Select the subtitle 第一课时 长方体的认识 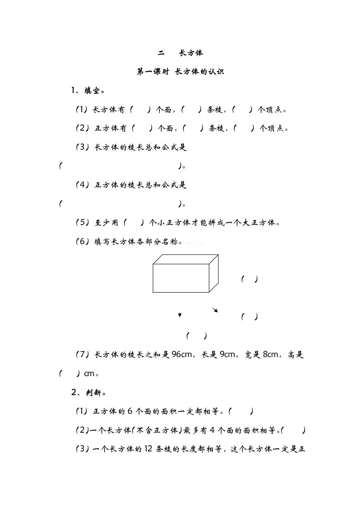coord(180,72)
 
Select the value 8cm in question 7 coord(273,355)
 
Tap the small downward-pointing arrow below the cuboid coord(180,315)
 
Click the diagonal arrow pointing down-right coord(215,310)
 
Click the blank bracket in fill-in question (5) coord(133,223)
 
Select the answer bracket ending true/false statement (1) coord(241,411)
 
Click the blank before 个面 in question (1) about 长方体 coord(141,109)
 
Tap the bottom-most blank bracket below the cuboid coord(196,336)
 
